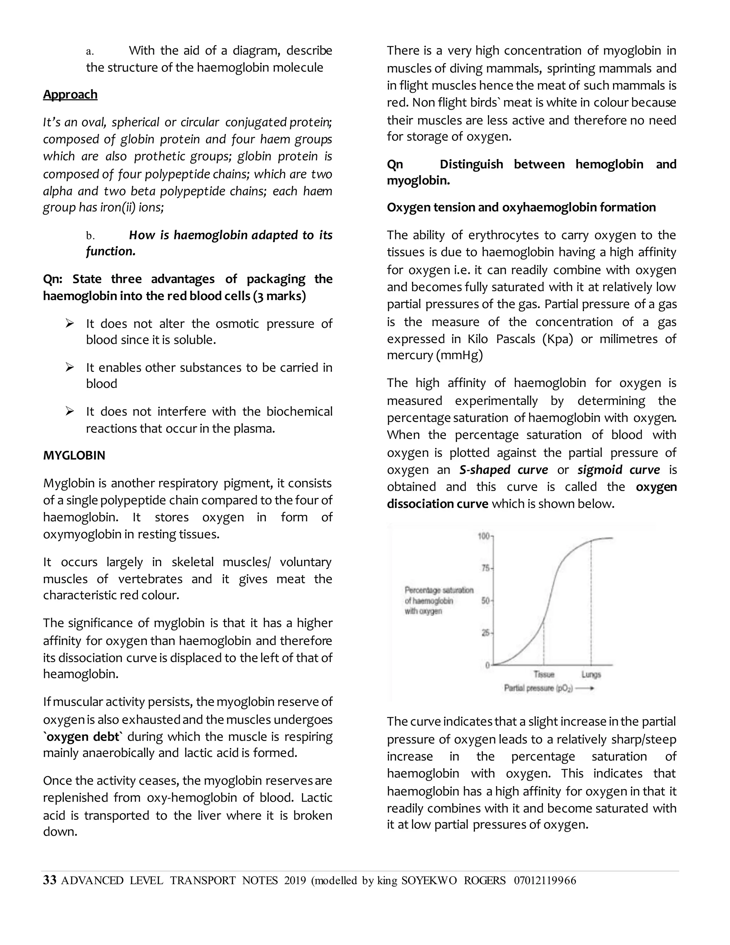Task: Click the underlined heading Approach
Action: click(x=70, y=94)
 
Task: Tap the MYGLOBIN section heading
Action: click(x=74, y=456)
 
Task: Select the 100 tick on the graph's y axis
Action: click(x=483, y=537)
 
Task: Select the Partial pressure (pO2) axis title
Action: click(x=539, y=688)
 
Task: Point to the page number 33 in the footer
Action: click(x=50, y=880)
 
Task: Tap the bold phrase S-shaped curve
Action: click(x=503, y=470)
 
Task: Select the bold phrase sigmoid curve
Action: click(x=618, y=470)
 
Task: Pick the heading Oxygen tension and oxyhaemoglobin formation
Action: click(x=521, y=207)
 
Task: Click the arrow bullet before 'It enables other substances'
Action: click(x=70, y=367)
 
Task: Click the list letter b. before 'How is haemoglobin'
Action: click(x=90, y=236)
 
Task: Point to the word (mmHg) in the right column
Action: click(x=459, y=355)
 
